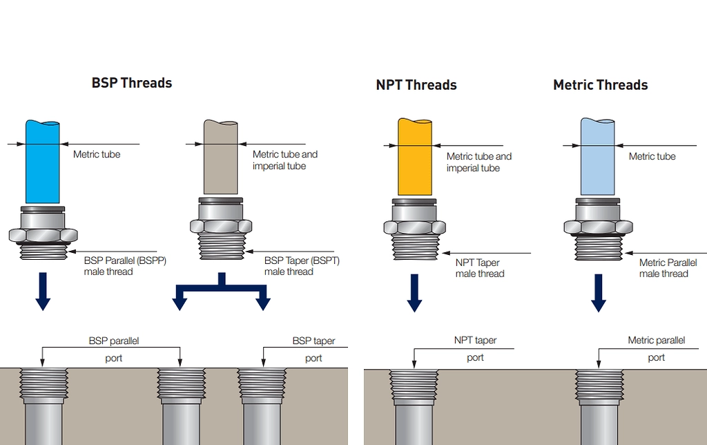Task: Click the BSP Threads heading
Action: [x=131, y=83]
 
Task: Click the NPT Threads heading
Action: [x=416, y=85]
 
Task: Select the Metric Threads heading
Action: [x=600, y=85]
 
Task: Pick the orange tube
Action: [x=414, y=158]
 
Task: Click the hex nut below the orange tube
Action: [x=414, y=227]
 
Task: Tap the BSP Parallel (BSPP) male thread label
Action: [x=125, y=266]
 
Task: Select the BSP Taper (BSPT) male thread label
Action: [x=302, y=266]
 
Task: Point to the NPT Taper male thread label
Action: [x=479, y=268]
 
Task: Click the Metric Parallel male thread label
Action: [x=667, y=268]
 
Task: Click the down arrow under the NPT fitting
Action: [x=414, y=292]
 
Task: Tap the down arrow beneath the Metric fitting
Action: [x=598, y=292]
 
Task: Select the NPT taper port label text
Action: [x=475, y=341]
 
